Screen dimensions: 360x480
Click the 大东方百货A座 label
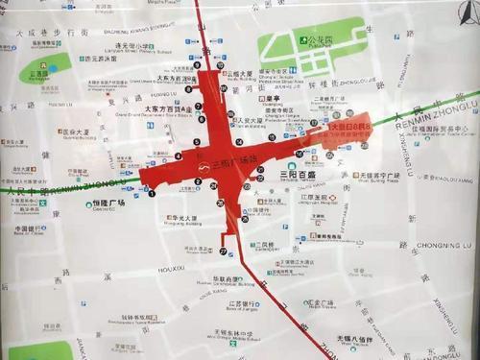coord(166,110)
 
